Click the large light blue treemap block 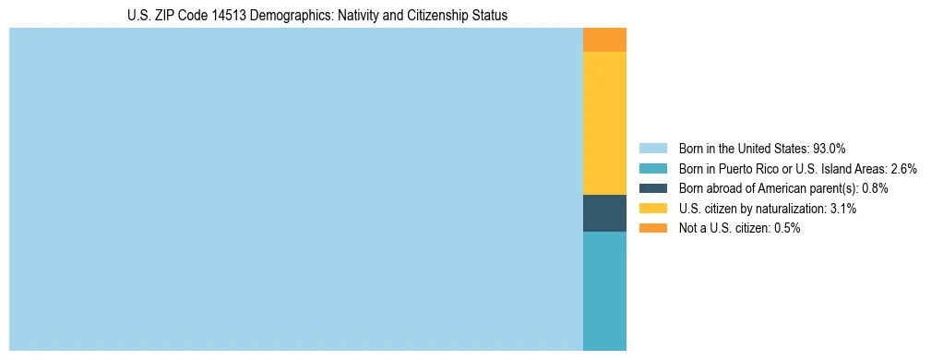295,189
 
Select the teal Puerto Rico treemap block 604,291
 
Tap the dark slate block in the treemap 604,212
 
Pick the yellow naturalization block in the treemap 604,123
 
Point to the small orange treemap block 604,40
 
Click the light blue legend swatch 652,148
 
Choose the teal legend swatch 652,168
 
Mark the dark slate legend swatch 652,188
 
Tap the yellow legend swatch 652,209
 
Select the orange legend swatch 652,228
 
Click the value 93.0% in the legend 829,148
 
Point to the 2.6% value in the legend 903,168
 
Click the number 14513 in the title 221,16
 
